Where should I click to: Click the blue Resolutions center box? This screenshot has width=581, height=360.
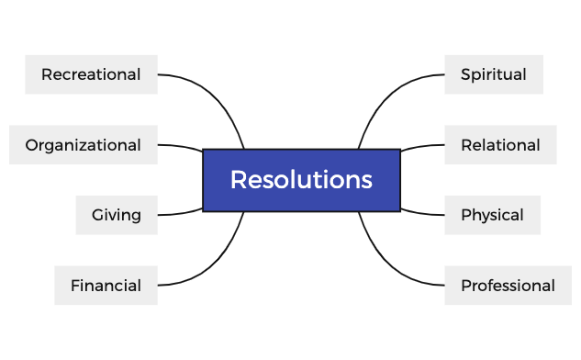tap(301, 180)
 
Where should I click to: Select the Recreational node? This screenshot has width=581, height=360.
tap(91, 74)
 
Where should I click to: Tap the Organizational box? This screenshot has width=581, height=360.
tap(83, 145)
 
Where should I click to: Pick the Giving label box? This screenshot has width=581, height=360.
tap(117, 215)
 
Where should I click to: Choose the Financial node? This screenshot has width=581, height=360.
tap(106, 286)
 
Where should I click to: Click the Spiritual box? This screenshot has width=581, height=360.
tap(494, 74)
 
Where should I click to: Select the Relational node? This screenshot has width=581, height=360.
tap(500, 145)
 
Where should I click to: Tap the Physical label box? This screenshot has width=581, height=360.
tap(492, 215)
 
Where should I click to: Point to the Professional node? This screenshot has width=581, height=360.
tap(508, 286)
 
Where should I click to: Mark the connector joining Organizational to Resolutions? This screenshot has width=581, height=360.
tap(181, 145)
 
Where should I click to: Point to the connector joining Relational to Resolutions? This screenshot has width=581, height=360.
tap(422, 145)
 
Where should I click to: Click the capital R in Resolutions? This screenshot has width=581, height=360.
tap(238, 180)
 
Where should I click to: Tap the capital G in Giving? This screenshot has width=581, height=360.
tap(97, 215)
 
